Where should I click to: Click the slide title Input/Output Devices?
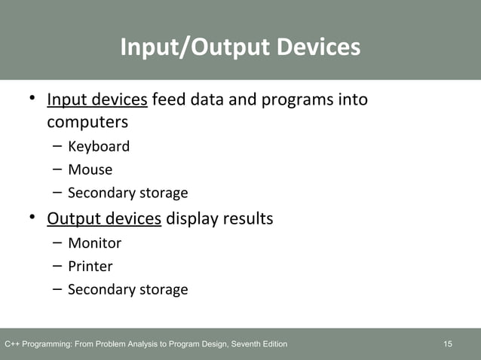click(x=240, y=47)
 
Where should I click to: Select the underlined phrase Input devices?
click(x=97, y=99)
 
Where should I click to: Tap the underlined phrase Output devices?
click(x=104, y=218)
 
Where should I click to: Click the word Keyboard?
click(x=99, y=146)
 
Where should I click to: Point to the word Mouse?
click(x=90, y=169)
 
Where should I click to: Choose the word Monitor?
click(x=94, y=243)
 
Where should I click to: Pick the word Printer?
click(x=90, y=266)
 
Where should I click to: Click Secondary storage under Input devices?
click(x=127, y=193)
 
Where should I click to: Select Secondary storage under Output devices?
click(x=127, y=289)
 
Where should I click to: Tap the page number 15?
click(x=448, y=344)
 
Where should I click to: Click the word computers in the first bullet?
click(x=87, y=121)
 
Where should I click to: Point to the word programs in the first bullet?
click(x=293, y=99)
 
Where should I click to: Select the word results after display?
click(x=245, y=218)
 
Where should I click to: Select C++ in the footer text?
click(x=12, y=344)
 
